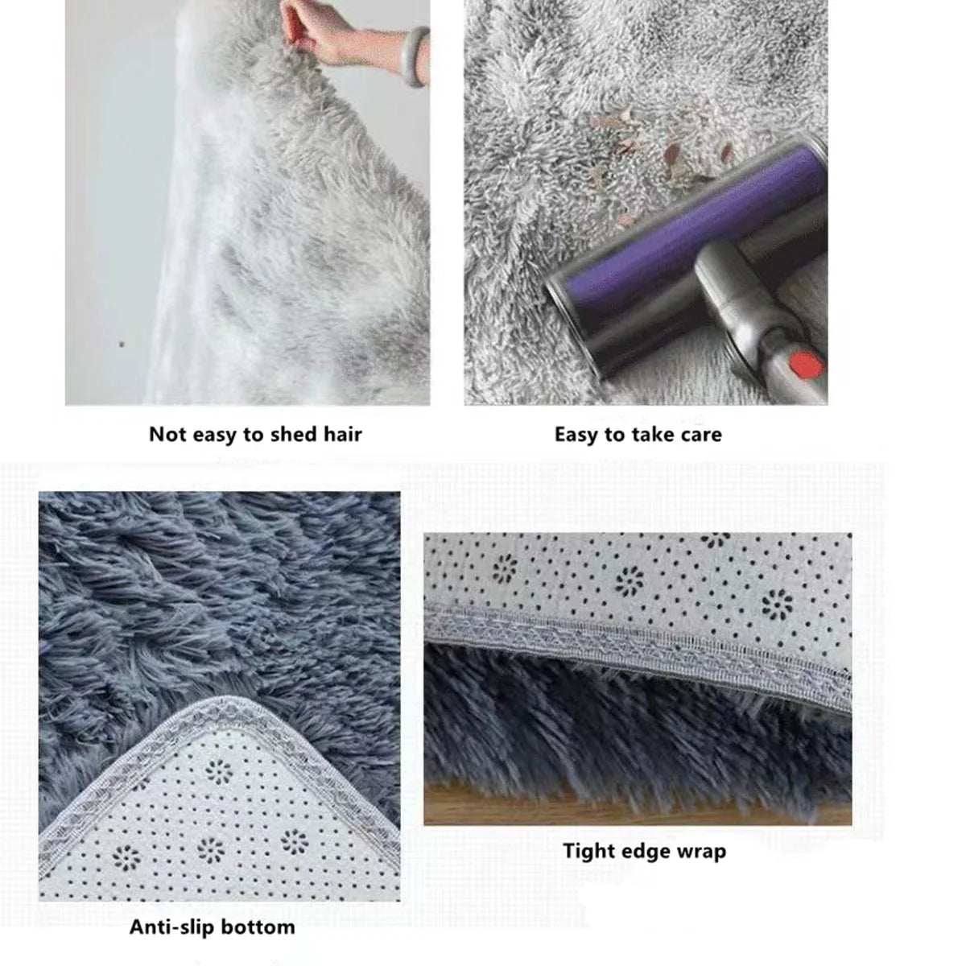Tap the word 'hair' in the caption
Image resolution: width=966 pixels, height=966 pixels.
(x=342, y=435)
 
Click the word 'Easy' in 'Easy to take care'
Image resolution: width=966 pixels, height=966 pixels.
(x=576, y=436)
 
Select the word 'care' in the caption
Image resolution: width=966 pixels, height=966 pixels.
(x=700, y=436)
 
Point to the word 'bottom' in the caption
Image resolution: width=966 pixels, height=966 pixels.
(x=256, y=927)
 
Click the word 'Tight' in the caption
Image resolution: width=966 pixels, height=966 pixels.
(x=590, y=851)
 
